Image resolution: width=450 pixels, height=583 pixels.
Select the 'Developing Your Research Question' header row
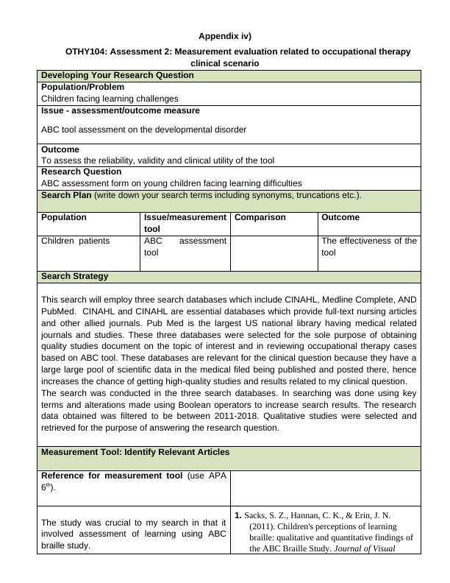point(118,75)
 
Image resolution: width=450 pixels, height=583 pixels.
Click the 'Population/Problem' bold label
point(82,87)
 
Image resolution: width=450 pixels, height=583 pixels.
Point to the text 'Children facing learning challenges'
point(110,98)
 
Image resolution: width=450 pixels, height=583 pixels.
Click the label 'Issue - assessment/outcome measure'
point(121,110)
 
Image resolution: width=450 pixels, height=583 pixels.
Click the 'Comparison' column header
point(260,217)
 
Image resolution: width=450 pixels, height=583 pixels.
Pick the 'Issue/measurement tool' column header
point(185,223)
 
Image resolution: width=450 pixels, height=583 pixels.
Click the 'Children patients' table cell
point(75,241)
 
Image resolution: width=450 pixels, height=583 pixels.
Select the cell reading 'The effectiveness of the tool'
point(368,247)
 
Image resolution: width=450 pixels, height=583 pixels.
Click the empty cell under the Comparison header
point(274,252)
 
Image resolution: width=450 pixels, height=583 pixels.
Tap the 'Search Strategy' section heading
point(74,276)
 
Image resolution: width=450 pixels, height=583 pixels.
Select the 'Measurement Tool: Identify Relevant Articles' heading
point(135,451)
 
